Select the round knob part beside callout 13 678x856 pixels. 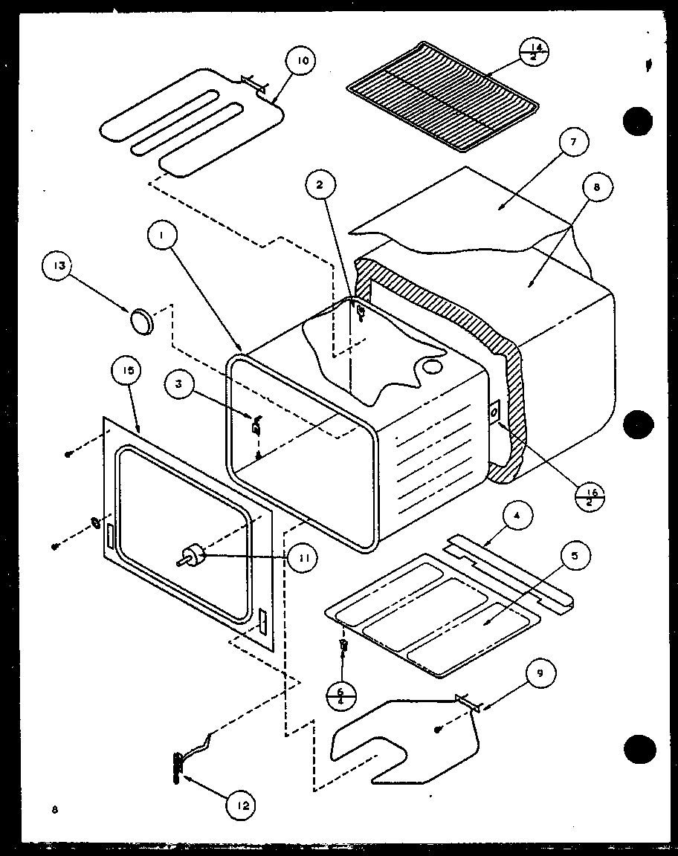coord(142,321)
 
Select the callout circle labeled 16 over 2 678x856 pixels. coord(593,497)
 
